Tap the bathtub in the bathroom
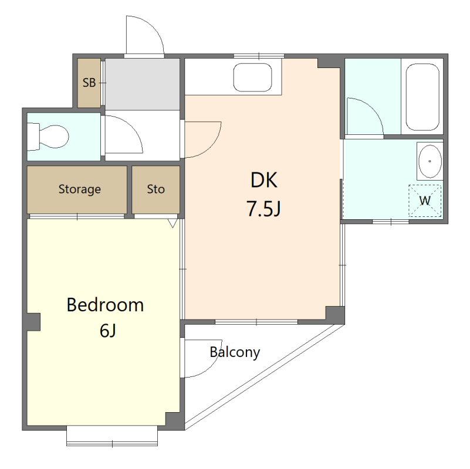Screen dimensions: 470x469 point(422,97)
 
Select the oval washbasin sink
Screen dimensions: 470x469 point(430,161)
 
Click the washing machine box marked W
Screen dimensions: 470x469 point(425,200)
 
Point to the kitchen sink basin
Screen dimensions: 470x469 point(253,77)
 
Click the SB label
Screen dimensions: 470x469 point(89,83)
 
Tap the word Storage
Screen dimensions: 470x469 point(79,189)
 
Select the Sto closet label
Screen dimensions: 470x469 point(156,189)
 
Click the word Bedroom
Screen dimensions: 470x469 point(105,305)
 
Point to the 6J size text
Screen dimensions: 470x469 point(108,331)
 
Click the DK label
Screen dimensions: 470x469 point(264,180)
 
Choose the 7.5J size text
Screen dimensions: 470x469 point(264,209)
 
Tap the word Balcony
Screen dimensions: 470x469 point(235,352)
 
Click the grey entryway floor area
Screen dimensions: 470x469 point(143,84)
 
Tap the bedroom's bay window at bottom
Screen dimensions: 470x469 point(112,436)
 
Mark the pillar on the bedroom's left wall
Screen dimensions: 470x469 point(33,322)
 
